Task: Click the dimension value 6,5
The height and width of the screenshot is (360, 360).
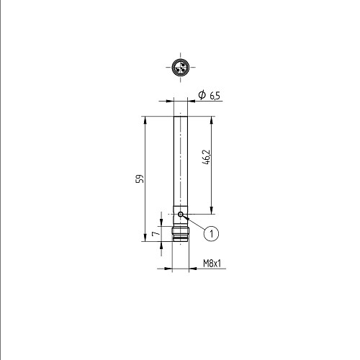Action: [x=215, y=96]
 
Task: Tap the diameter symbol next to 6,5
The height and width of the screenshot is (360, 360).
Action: [x=202, y=95]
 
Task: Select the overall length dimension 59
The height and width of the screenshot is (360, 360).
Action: [x=140, y=179]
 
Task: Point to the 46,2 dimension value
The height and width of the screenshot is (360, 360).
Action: [x=206, y=157]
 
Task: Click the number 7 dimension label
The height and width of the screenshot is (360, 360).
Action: [x=156, y=233]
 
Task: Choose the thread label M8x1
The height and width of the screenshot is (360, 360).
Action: [x=212, y=264]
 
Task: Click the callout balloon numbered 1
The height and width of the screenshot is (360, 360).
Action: [x=212, y=233]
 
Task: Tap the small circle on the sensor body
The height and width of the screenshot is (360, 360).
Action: [x=181, y=214]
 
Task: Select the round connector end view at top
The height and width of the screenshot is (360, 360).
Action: [x=181, y=68]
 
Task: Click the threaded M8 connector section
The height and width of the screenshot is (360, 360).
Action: [x=181, y=234]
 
